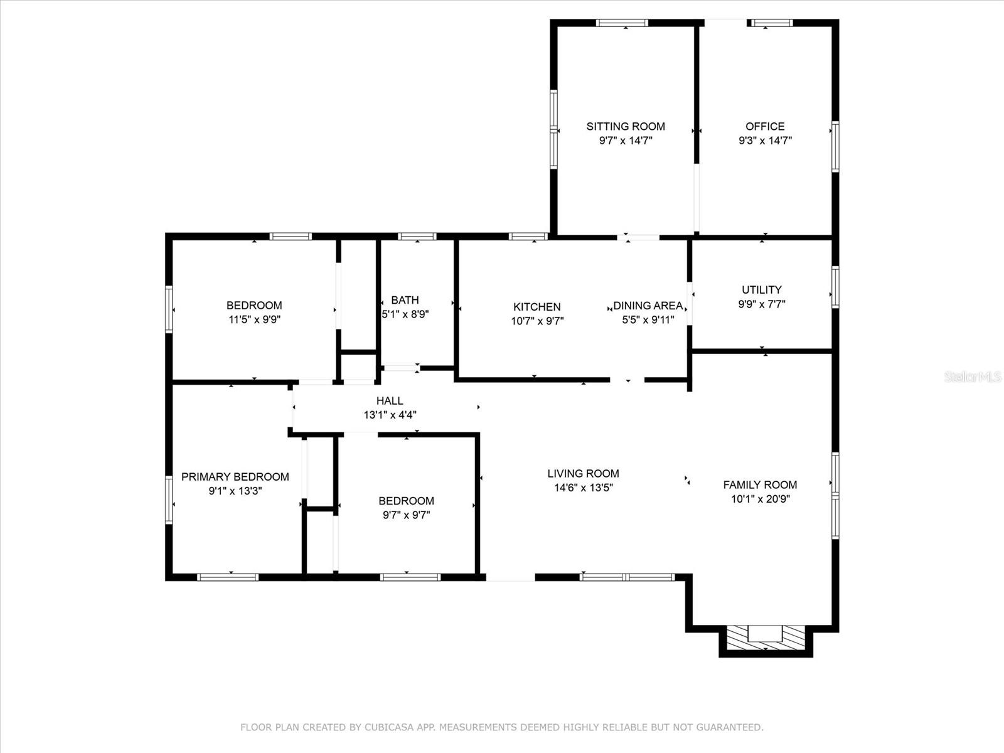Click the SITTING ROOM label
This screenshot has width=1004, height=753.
tap(625, 126)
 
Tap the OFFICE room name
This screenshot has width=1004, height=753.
tap(765, 126)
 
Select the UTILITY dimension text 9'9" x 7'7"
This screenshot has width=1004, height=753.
tap(762, 304)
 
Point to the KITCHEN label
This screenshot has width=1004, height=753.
tap(537, 307)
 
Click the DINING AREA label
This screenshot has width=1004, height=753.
tap(648, 306)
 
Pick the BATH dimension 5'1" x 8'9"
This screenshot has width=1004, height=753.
tap(405, 314)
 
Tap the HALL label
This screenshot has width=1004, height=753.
tap(390, 401)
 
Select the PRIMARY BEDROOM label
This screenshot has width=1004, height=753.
tap(235, 477)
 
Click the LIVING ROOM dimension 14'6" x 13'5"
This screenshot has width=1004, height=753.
tap(583, 488)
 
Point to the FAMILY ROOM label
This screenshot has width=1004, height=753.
tap(760, 484)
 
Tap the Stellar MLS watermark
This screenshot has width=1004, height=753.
tap(973, 377)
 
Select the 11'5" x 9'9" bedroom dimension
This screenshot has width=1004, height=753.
tap(254, 319)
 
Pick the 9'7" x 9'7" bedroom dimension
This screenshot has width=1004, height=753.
tap(406, 515)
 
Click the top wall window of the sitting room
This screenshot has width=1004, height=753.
tap(622, 23)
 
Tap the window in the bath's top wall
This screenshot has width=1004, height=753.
tap(417, 237)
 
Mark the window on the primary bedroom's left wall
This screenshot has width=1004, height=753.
tap(169, 499)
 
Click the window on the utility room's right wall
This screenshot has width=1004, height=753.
tap(835, 287)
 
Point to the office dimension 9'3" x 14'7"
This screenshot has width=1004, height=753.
tap(765, 141)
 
